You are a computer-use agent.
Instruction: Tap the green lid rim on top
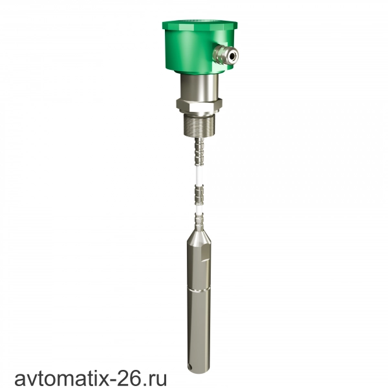(200, 25)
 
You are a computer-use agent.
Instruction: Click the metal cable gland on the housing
(226, 54)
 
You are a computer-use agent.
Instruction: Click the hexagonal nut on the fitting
(199, 106)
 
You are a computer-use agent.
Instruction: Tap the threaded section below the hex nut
(199, 125)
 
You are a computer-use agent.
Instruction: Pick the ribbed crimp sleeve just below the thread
(199, 152)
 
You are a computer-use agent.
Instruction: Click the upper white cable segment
(199, 175)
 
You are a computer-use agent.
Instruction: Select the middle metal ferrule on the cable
(199, 195)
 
